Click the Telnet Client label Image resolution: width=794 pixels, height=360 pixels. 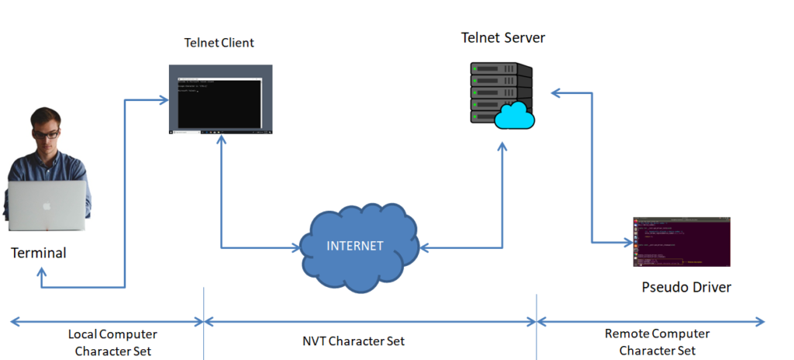click(x=219, y=42)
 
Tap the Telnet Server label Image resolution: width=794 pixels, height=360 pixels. click(x=502, y=37)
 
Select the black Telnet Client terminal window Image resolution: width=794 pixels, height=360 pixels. click(x=221, y=99)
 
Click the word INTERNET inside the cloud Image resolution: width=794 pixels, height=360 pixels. click(x=355, y=246)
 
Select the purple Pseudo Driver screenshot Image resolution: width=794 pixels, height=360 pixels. click(x=682, y=241)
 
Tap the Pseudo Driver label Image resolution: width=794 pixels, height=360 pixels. click(x=686, y=288)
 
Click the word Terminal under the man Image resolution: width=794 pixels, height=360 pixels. click(x=39, y=253)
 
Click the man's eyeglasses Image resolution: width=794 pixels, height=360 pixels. click(x=46, y=133)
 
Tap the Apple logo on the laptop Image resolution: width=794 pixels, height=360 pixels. click(x=46, y=206)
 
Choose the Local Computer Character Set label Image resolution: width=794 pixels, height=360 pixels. click(x=112, y=342)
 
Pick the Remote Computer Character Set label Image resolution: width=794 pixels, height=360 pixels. click(x=657, y=341)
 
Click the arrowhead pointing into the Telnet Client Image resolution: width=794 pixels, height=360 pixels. click(x=164, y=99)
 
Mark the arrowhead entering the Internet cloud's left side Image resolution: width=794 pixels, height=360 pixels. click(x=295, y=248)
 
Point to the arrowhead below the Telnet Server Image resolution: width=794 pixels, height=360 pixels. click(x=502, y=146)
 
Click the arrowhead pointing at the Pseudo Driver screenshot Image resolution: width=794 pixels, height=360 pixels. click(x=627, y=241)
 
